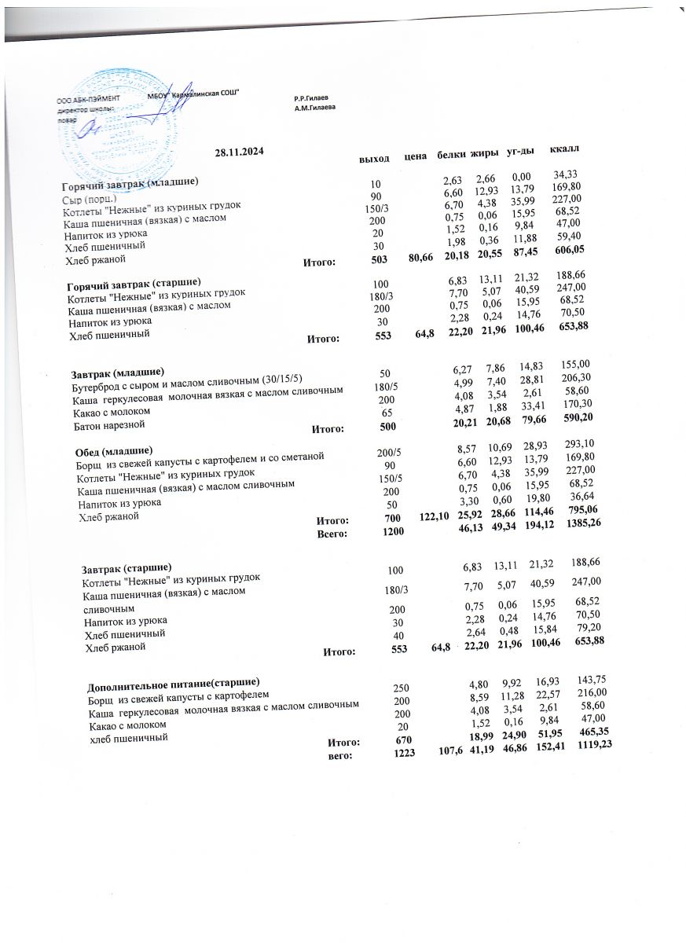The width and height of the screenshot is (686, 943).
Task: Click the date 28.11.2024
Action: tap(239, 152)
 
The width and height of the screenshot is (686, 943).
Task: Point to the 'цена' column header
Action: tap(414, 157)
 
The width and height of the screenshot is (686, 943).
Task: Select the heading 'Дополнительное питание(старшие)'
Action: tap(173, 681)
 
